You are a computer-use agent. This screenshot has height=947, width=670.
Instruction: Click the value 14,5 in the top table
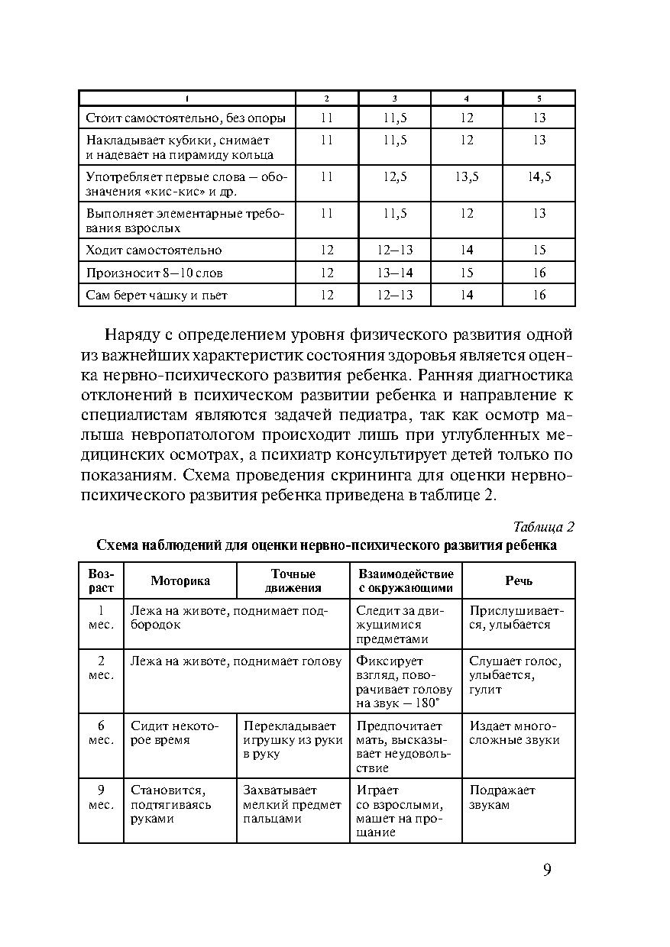tap(539, 176)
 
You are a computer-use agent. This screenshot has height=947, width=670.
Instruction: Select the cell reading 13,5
tap(467, 176)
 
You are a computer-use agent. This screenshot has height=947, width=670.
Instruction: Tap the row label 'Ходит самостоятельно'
tap(154, 250)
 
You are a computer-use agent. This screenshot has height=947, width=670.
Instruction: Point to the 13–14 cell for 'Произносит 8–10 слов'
tap(395, 273)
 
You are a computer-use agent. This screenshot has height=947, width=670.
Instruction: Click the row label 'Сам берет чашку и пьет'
tap(157, 295)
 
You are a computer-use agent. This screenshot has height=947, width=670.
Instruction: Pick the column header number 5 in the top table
tap(539, 99)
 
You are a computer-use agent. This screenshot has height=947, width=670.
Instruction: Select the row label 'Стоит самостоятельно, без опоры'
tap(186, 118)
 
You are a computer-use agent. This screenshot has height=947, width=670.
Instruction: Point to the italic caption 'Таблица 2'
tap(543, 527)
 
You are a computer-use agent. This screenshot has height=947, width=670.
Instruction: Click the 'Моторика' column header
tap(180, 580)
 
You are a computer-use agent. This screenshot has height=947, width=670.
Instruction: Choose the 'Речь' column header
tap(519, 580)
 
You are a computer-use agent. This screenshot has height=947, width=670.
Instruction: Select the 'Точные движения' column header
tap(293, 580)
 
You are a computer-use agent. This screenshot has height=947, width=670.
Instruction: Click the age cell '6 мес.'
tap(101, 733)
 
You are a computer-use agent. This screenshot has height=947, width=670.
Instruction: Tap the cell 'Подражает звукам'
tap(502, 797)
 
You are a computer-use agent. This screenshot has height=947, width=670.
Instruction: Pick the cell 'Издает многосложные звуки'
tap(513, 733)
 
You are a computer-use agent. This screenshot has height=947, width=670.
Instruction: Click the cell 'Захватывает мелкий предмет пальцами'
tap(292, 804)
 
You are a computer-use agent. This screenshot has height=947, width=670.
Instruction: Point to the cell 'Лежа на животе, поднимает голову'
tap(235, 661)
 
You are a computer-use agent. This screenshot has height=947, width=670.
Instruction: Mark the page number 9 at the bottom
tap(547, 871)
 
